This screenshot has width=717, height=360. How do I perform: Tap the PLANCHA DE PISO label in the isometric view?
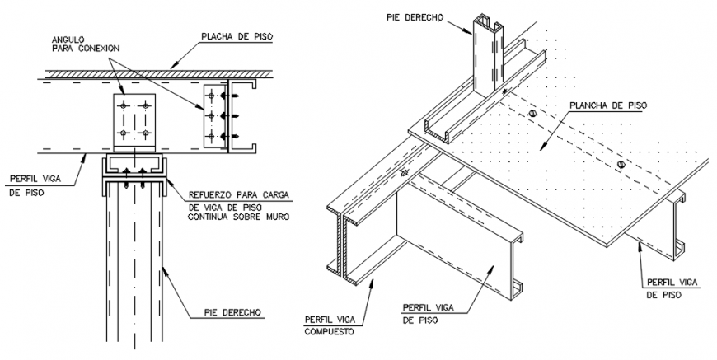coord(607,105)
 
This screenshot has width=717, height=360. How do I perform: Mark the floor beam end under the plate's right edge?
coord(678,222)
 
